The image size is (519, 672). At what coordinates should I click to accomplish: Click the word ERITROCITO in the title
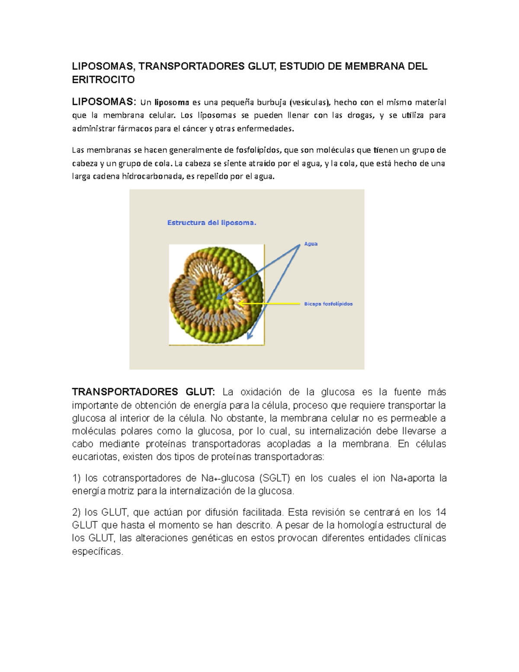tap(103, 80)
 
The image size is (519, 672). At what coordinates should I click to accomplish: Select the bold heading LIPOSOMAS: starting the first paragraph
tap(104, 102)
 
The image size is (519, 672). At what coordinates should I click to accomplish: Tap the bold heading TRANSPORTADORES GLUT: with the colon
tap(143, 392)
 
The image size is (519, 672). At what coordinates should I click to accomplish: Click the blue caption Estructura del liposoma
tap(211, 223)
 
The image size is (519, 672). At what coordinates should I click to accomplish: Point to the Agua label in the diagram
tap(311, 244)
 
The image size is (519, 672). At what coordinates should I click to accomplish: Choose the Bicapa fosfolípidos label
tap(328, 304)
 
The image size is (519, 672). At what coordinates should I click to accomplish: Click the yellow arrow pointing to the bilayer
tap(270, 304)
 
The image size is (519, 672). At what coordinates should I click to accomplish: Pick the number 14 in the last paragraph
tap(441, 512)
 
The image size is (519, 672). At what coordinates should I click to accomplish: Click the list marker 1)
tap(77, 478)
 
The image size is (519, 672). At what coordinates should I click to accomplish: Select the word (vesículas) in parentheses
tap(309, 103)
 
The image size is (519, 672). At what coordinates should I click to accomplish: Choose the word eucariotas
tap(95, 457)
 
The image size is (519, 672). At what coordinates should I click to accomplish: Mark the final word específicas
tap(97, 552)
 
